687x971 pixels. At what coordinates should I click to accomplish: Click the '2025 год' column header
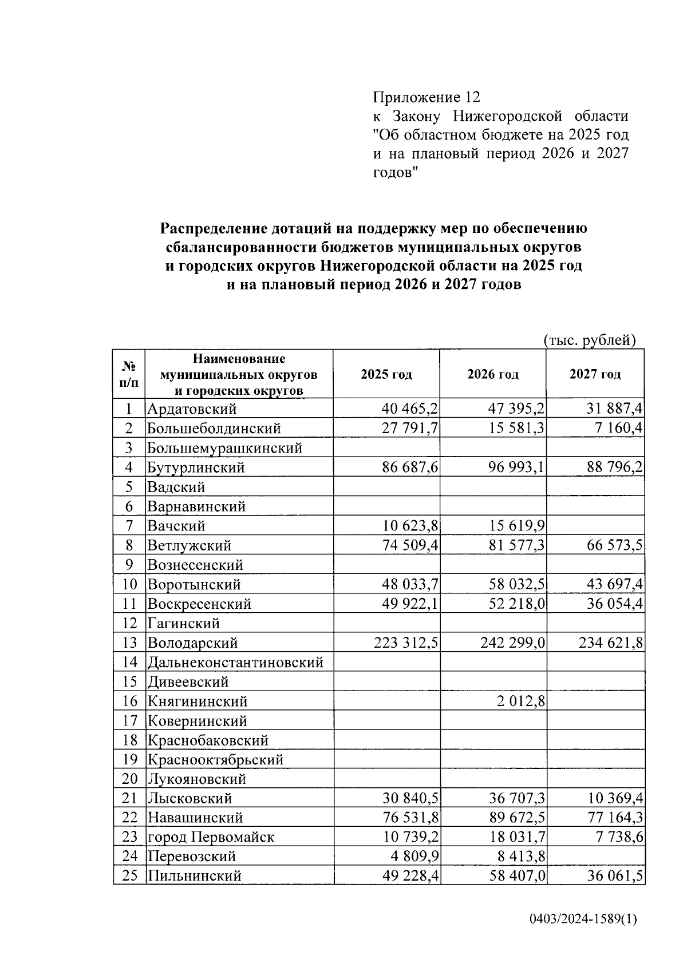pos(386,375)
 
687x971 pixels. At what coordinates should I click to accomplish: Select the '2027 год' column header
pos(595,375)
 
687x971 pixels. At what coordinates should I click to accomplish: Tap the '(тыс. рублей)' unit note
pos(590,340)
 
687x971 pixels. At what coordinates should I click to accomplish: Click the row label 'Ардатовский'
pos(192,409)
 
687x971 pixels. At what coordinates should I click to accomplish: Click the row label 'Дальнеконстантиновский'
pos(235,663)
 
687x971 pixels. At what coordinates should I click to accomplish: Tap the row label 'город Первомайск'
pos(211,837)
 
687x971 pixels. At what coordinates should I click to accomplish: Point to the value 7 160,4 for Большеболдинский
pos(620,429)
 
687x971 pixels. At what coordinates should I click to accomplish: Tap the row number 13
pos(129,643)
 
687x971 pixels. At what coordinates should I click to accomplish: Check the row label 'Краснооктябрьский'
pos(215,760)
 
